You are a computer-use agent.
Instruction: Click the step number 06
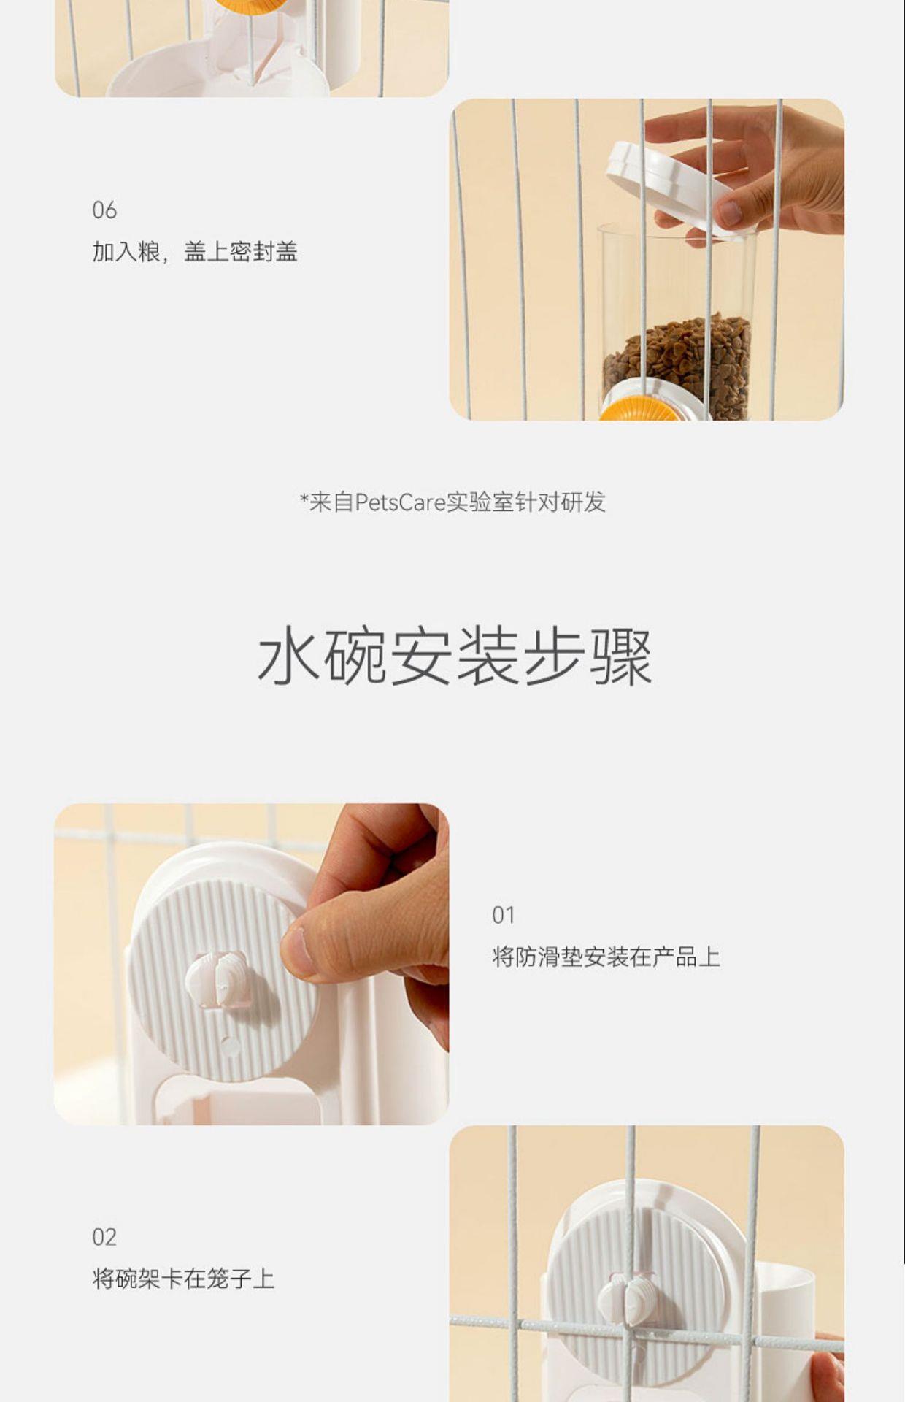(x=104, y=210)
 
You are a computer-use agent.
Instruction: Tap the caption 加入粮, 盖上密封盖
(x=195, y=252)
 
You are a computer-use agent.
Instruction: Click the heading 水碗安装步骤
(x=454, y=656)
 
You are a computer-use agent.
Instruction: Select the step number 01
(x=504, y=915)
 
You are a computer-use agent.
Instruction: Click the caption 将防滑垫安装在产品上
(x=606, y=957)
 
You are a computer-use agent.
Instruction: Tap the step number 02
(x=104, y=1237)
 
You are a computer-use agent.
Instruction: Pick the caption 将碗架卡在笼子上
(x=183, y=1279)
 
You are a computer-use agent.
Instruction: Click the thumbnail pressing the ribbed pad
(x=251, y=964)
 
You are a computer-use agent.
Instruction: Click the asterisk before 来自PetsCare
(x=304, y=499)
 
